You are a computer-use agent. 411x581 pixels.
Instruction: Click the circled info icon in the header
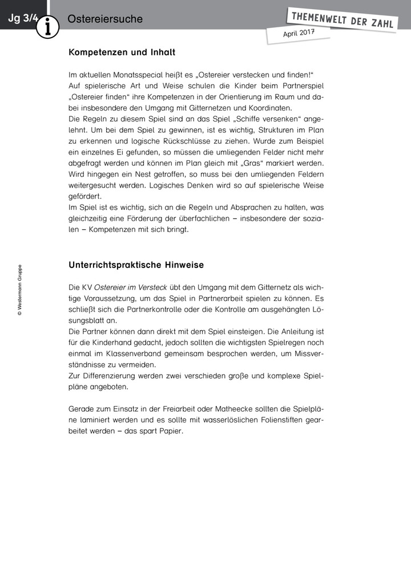(x=48, y=26)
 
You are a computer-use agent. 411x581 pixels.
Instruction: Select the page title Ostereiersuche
(x=105, y=19)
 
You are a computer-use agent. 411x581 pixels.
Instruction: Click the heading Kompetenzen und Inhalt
(x=122, y=52)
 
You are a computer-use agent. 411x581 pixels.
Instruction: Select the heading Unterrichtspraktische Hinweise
(x=136, y=265)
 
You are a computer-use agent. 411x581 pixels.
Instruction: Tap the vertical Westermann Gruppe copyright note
(x=19, y=290)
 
